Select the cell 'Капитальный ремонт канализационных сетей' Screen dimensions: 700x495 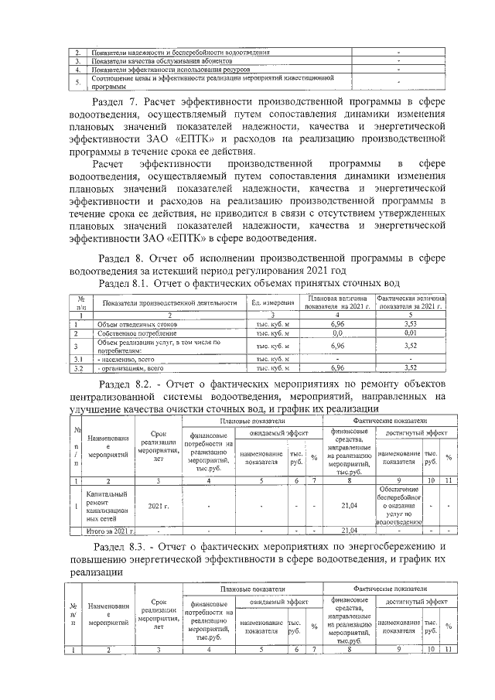tap(108, 507)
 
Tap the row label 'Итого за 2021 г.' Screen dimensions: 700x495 tap(110, 531)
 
